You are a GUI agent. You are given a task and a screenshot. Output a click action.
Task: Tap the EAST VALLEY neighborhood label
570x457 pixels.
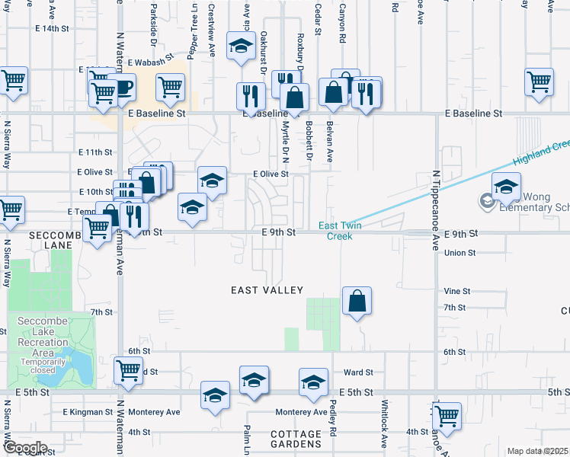tap(267, 290)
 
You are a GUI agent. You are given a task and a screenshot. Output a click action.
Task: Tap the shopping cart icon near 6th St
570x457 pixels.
tap(128, 371)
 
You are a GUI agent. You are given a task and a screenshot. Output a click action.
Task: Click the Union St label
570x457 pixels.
tap(460, 252)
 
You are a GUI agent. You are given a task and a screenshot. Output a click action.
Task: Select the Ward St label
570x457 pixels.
tap(358, 372)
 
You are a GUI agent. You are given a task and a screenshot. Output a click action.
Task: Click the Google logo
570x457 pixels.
tap(25, 448)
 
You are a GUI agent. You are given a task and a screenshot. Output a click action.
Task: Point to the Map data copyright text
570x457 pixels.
tap(537, 451)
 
